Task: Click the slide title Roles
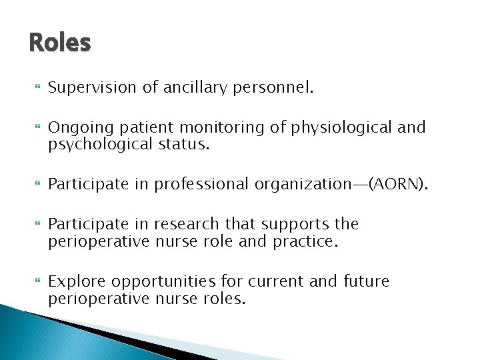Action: pyautogui.click(x=59, y=43)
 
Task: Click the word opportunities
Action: pyautogui.click(x=163, y=281)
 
